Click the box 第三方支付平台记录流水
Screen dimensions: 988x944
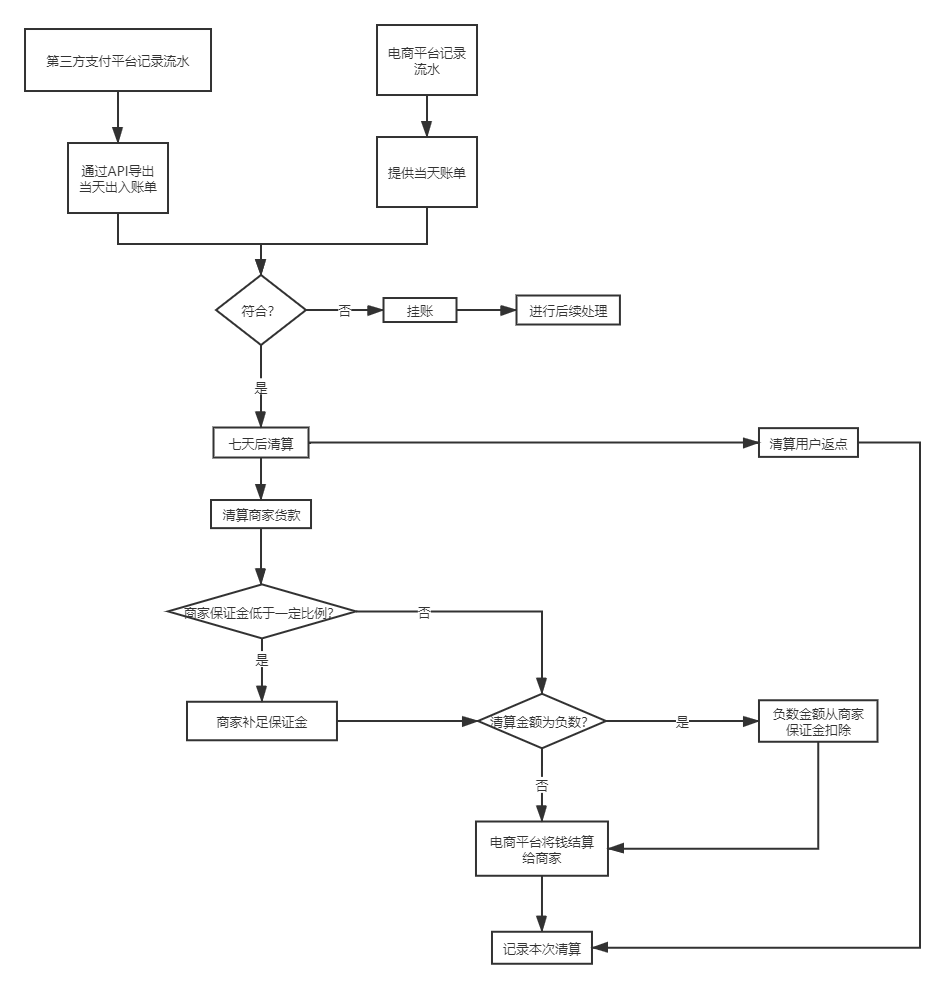pyautogui.click(x=118, y=61)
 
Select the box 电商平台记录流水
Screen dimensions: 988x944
pyautogui.click(x=427, y=61)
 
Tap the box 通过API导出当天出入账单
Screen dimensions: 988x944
pyautogui.click(x=118, y=176)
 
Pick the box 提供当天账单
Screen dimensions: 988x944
pyautogui.click(x=427, y=172)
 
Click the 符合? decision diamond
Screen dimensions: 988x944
pyautogui.click(x=260, y=311)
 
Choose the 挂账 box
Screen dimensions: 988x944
pyautogui.click(x=420, y=311)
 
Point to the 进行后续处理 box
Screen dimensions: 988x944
pyautogui.click(x=568, y=311)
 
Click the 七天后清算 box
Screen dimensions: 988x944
pyautogui.click(x=261, y=444)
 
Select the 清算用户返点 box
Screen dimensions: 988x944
pyautogui.click(x=808, y=444)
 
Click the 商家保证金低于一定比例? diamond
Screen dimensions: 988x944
pyautogui.click(x=260, y=611)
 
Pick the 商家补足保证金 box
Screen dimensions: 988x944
pyautogui.click(x=262, y=721)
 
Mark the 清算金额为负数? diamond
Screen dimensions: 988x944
pyautogui.click(x=541, y=721)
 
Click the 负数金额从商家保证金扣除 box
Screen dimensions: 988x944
pyautogui.click(x=818, y=721)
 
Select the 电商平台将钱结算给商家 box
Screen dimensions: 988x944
pyautogui.click(x=541, y=848)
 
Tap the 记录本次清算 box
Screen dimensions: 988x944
pyautogui.click(x=541, y=948)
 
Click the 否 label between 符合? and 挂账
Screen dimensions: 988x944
pyautogui.click(x=345, y=311)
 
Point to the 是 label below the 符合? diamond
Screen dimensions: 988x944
pyautogui.click(x=261, y=387)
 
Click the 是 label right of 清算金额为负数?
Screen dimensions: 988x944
pyautogui.click(x=683, y=722)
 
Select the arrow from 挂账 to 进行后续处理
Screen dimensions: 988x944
pyautogui.click(x=486, y=311)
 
